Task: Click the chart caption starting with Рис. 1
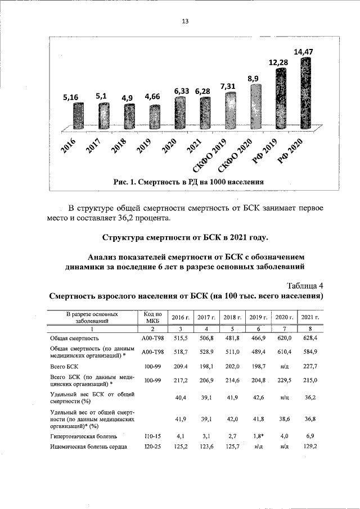188,182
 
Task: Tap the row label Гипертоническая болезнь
83,435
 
